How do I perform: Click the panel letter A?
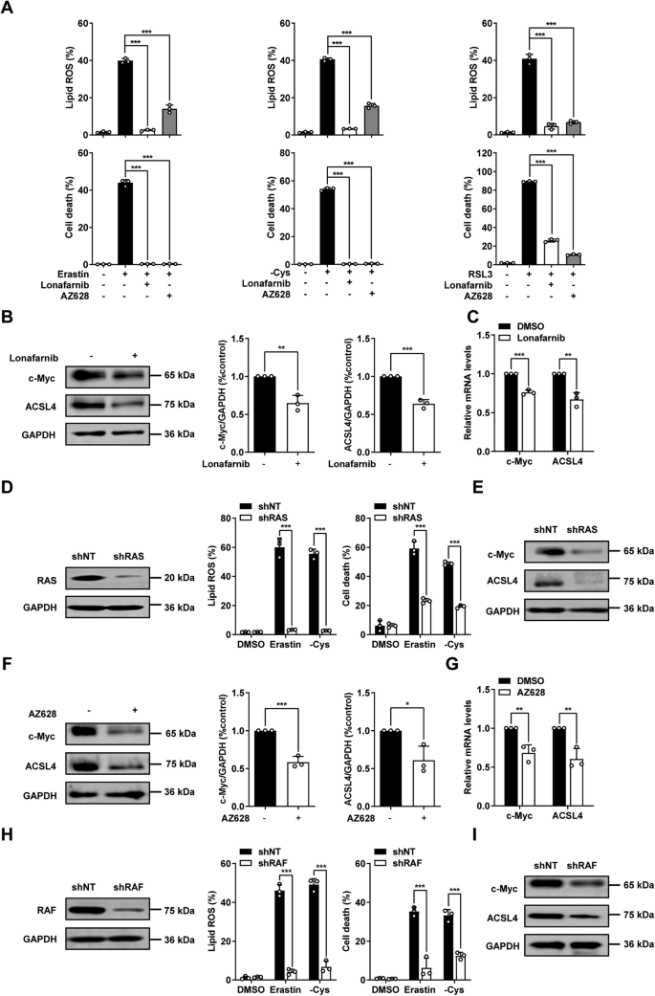[x=10, y=9]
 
